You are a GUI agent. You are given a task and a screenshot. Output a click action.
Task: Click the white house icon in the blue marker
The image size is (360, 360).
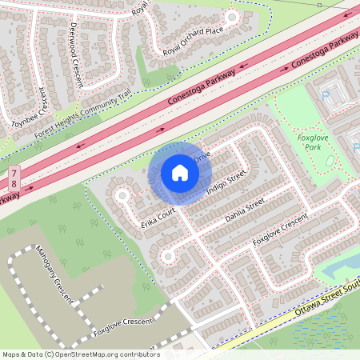(179, 172)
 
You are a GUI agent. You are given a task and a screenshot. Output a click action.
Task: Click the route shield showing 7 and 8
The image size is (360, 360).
(14, 180)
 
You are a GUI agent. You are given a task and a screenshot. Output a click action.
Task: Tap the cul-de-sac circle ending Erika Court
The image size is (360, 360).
(122, 195)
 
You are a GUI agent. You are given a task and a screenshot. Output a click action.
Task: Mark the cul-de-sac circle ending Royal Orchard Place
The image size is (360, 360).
(232, 17)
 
